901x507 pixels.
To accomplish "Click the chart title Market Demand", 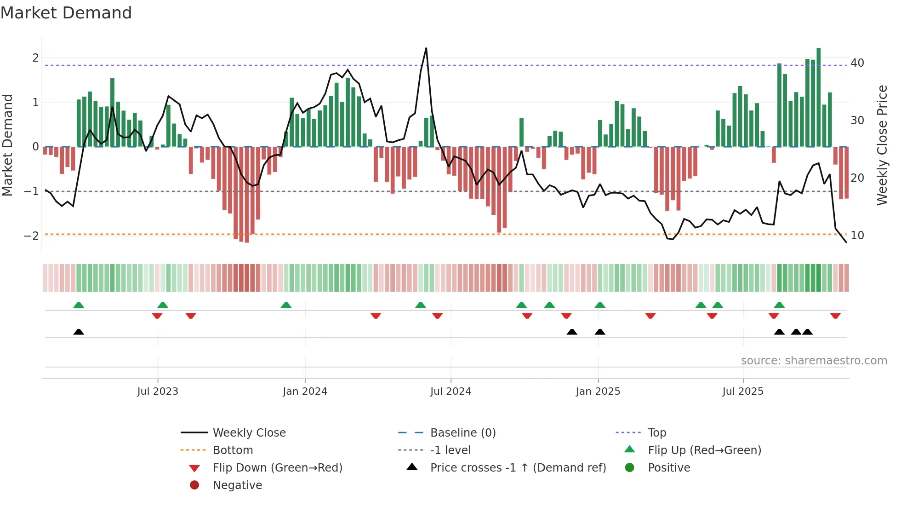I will click(66, 13).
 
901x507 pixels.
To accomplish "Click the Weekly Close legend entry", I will click(249, 432).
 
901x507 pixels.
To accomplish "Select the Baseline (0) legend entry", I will click(462, 432).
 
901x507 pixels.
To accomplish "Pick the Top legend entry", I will click(656, 432).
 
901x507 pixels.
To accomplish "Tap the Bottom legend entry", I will click(233, 450).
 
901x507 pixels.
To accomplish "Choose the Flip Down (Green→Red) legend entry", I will click(277, 467).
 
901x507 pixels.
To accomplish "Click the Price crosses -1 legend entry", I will click(518, 467).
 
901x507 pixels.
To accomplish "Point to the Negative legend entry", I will click(237, 485).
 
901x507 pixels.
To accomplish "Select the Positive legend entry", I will click(669, 467).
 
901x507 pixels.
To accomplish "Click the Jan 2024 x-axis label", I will click(305, 391).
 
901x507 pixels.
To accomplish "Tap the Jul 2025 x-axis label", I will click(742, 391).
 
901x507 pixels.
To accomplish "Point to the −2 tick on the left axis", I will click(31, 236).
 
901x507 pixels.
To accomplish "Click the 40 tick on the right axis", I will click(857, 63).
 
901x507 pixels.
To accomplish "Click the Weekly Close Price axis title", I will click(882, 145).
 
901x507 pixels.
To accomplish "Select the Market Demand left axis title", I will click(7, 145).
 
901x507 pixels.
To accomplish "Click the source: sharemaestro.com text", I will click(814, 360).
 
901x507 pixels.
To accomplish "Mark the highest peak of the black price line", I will click(426, 48).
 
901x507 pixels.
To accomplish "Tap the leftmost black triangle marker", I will click(79, 332).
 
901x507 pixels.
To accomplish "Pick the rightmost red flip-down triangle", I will click(835, 316).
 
